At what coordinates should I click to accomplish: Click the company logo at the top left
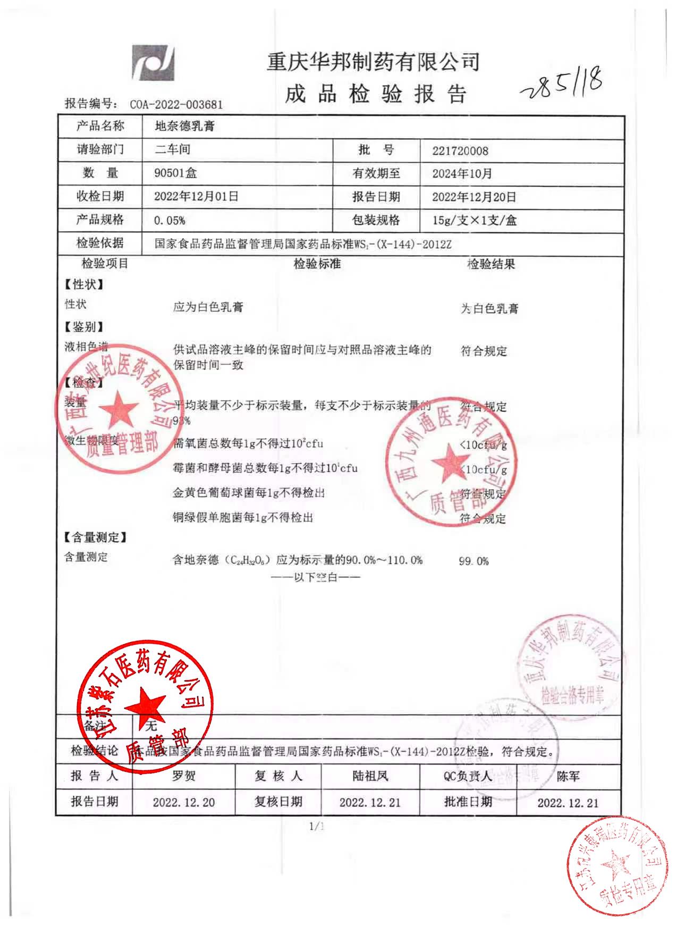click(x=154, y=63)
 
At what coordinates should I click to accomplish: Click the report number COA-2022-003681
click(x=176, y=104)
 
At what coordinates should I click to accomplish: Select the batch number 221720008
click(x=460, y=150)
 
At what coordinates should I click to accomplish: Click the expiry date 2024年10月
click(x=462, y=173)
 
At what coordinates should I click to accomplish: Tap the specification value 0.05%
click(x=170, y=220)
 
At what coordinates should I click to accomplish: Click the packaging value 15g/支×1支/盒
click(x=474, y=220)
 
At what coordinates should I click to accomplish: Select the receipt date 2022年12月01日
click(x=196, y=197)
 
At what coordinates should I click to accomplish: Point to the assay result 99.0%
click(x=474, y=561)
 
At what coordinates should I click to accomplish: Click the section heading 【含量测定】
click(x=96, y=537)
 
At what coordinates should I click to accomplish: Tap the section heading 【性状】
click(x=84, y=284)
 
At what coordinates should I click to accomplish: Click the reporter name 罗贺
click(x=184, y=776)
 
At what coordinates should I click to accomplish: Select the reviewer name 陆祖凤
click(x=370, y=776)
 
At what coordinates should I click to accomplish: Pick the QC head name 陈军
click(x=568, y=777)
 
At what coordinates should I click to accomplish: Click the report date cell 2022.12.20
click(x=184, y=802)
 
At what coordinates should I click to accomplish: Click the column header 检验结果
click(x=491, y=264)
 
